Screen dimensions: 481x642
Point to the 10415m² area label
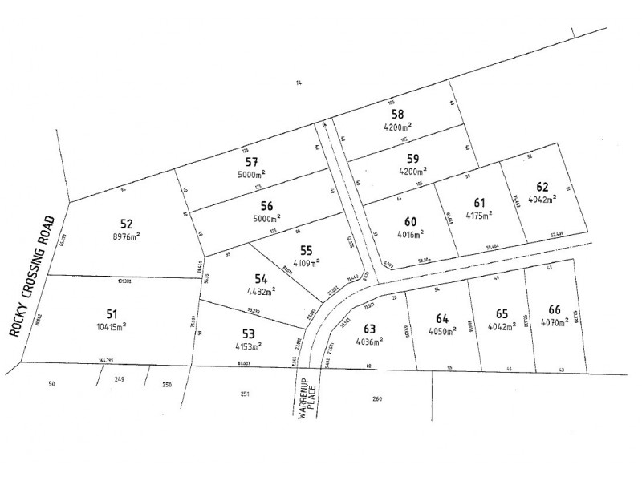point(112,326)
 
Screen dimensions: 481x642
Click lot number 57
point(250,162)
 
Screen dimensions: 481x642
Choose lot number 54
point(260,278)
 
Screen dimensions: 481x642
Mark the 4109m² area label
point(304,262)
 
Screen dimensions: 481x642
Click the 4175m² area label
point(479,214)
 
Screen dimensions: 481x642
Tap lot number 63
point(369,329)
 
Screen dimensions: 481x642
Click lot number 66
point(555,309)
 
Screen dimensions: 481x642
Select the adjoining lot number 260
point(377,398)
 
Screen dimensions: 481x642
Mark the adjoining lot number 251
point(244,394)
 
